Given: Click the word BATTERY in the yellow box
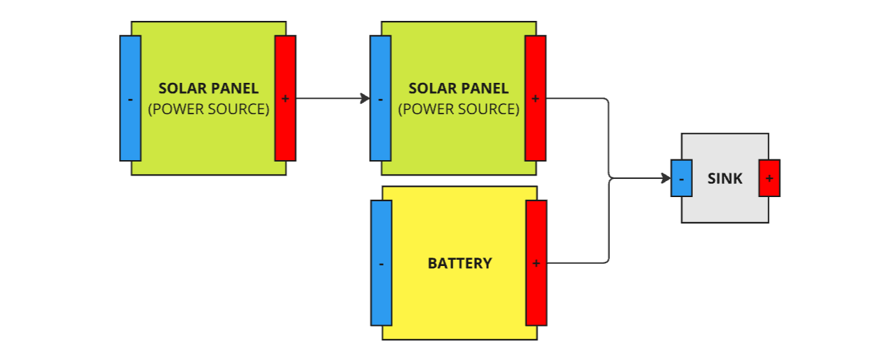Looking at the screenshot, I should coord(460,264).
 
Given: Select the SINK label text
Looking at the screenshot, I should coord(725,178).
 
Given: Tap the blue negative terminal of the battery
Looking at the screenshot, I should coord(381,263).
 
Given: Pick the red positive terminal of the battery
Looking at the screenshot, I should coord(536,263).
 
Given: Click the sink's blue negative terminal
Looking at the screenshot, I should coord(681,178).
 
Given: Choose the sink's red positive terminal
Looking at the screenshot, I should coord(769,178).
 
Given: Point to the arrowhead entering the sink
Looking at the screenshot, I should coord(666,179).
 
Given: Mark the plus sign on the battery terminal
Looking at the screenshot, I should coord(536,264).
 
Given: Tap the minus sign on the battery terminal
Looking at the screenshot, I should coord(381,265).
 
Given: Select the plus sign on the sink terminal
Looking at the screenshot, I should coord(769,178).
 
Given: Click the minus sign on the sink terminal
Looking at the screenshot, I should coord(681,179).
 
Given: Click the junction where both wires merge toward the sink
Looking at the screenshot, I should coord(610,179).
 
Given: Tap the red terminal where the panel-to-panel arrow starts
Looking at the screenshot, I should coord(285,98).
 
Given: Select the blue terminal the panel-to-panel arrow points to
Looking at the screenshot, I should coord(380,98).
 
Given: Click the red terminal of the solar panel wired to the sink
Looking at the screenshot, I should coord(535,98).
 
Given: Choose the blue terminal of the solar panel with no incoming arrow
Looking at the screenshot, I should coord(130,98).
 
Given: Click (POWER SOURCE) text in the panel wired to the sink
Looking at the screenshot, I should coord(459,109).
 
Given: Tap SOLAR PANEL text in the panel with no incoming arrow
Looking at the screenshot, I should coord(208,88).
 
